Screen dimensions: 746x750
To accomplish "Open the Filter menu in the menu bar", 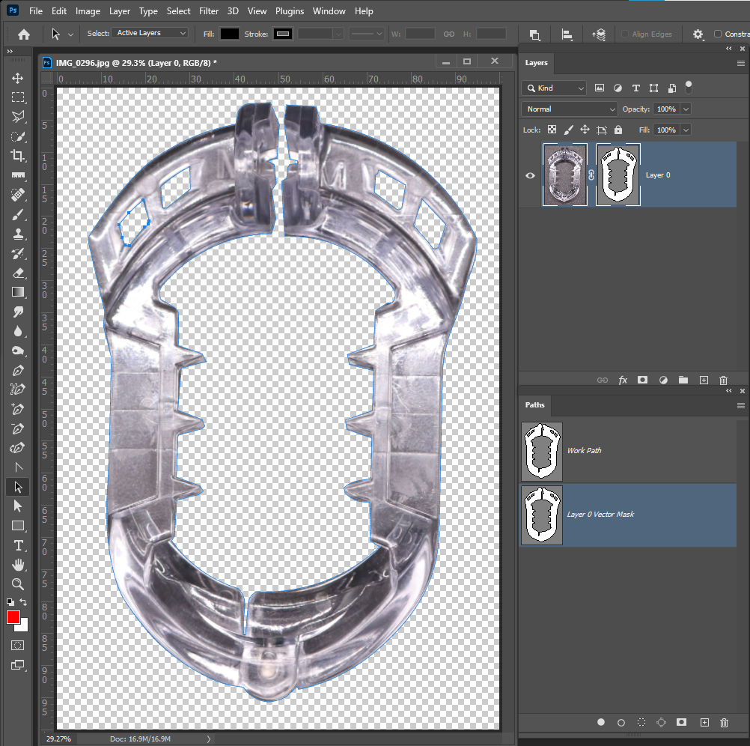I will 209,11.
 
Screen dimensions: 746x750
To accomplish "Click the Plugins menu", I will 290,11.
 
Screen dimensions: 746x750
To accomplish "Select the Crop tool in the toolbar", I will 18,156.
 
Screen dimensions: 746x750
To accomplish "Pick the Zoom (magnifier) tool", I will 18,584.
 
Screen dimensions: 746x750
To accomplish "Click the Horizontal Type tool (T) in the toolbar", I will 18,545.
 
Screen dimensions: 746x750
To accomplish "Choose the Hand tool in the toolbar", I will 18,565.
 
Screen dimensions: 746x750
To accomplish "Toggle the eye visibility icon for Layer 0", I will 531,175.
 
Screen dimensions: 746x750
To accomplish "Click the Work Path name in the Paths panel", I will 584,451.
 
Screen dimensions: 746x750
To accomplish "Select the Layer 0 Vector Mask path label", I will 600,515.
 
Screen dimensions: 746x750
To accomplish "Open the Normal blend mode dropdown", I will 569,109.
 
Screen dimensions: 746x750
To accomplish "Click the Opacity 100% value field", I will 665,109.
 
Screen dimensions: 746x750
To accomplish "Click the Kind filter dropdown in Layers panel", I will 555,88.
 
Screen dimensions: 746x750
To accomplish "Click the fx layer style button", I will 623,380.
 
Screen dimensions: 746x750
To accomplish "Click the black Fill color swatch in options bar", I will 230,34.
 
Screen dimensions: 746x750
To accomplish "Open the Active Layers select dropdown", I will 150,33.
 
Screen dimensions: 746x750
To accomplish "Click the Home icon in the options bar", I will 24,34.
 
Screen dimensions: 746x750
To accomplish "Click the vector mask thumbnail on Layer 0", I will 618,175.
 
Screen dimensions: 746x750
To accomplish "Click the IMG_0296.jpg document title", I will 135,63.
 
